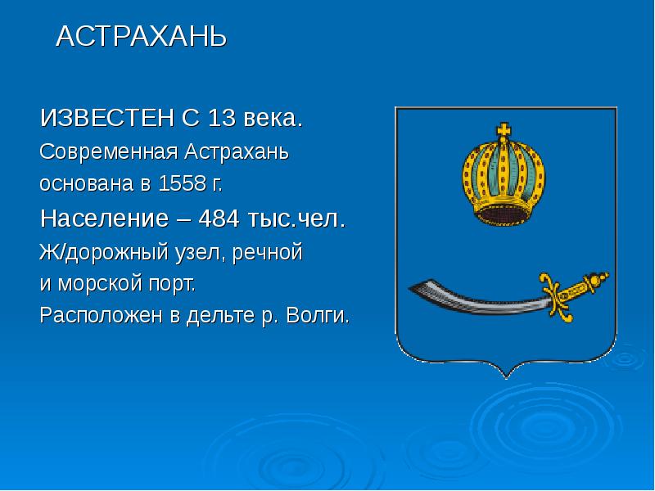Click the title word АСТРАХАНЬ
(x=140, y=37)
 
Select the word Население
(x=98, y=219)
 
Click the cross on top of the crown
(x=503, y=130)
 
